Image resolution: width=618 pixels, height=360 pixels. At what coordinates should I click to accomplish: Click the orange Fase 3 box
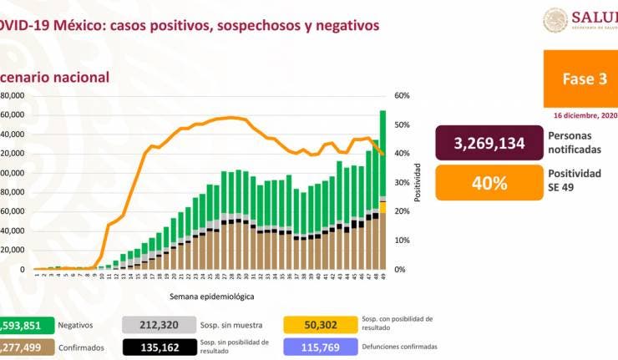580,79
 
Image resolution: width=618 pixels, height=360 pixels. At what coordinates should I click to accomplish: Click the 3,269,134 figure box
489,143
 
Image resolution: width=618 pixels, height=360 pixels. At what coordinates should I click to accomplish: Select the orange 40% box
489,182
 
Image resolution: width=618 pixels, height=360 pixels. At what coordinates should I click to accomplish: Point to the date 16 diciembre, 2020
585,115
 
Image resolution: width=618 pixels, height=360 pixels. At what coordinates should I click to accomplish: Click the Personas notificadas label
575,141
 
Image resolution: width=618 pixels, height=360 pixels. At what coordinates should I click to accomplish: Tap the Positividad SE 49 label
575,180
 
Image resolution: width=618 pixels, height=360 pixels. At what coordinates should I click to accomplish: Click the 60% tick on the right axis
401,96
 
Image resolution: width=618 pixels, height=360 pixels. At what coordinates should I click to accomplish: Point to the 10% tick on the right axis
401,241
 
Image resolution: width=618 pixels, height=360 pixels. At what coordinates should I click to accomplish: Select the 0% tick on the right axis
401,270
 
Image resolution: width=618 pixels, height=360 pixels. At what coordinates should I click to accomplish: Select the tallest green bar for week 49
382,155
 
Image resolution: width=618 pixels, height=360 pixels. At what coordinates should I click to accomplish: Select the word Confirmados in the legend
81,347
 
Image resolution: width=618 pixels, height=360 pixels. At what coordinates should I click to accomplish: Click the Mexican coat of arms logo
555,20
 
